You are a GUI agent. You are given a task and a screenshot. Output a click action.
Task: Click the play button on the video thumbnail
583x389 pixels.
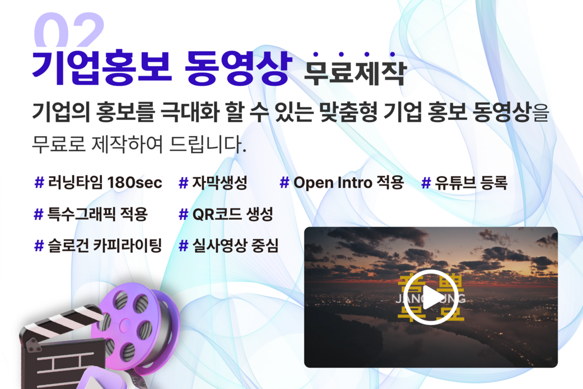point(431,297)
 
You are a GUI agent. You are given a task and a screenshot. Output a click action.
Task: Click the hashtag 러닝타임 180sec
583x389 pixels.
point(99,183)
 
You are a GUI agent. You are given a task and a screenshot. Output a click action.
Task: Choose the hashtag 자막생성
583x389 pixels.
point(213,183)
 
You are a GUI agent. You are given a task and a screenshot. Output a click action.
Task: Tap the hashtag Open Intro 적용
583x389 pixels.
point(342,183)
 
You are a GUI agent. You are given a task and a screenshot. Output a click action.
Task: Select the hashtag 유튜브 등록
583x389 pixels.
point(464,183)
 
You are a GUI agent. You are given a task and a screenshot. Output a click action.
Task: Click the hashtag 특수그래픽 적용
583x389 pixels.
point(91,214)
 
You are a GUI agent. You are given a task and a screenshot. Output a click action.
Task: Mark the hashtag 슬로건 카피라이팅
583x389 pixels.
point(98,246)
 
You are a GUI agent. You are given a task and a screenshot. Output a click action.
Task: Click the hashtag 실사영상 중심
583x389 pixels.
point(228,246)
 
